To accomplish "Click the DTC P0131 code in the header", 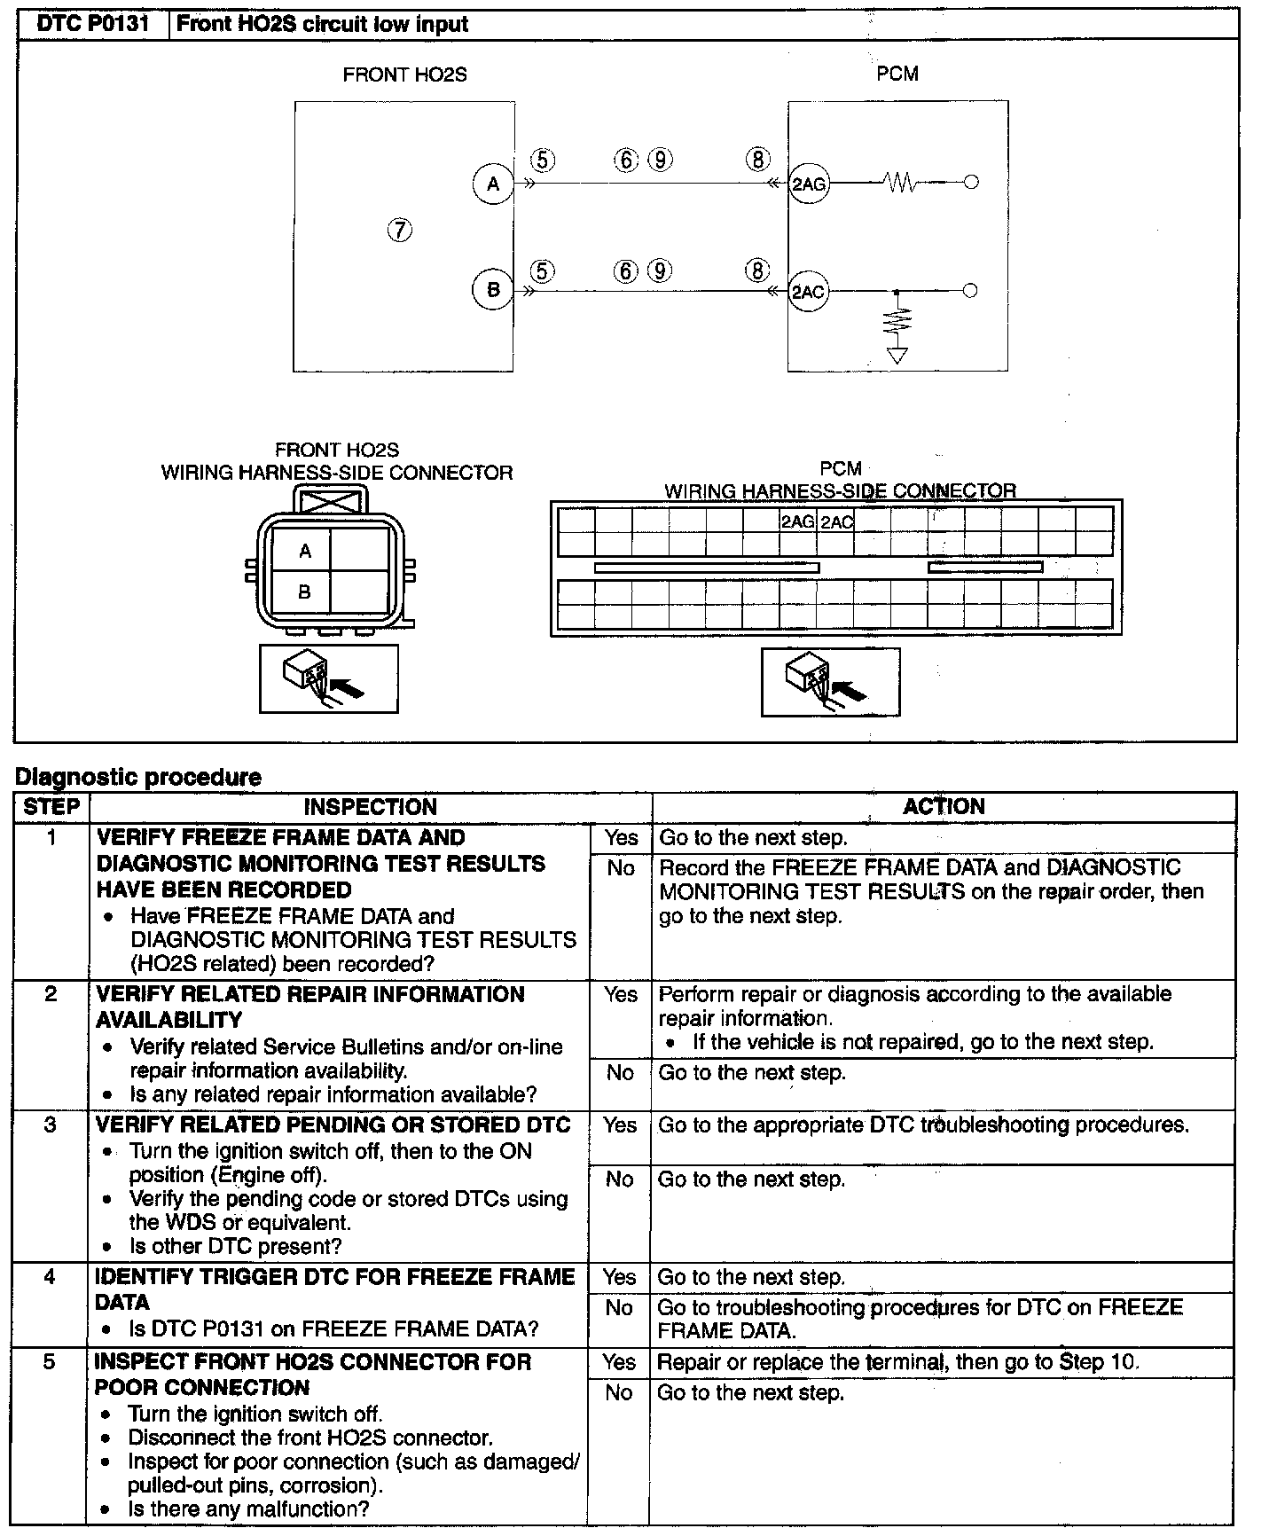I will click(92, 24).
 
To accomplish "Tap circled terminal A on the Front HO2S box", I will click(493, 184).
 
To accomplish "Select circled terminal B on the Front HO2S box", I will click(493, 289).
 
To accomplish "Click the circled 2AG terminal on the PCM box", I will click(808, 184).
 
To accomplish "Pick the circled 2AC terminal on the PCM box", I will click(808, 291).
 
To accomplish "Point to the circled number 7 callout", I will click(400, 231).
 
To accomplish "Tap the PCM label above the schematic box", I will click(897, 74).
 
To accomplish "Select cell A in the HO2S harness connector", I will click(304, 552).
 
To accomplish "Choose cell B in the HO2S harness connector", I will click(304, 592).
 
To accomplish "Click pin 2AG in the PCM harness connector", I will click(797, 521).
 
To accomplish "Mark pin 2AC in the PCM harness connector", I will click(836, 521).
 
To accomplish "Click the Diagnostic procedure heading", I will click(138, 777).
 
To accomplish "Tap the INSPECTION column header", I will click(371, 807).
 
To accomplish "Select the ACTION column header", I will click(944, 806).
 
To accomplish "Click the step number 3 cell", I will click(51, 1125).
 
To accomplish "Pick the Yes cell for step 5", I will click(619, 1361).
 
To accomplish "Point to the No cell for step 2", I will click(620, 1073).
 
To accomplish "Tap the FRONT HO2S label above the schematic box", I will click(404, 74).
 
